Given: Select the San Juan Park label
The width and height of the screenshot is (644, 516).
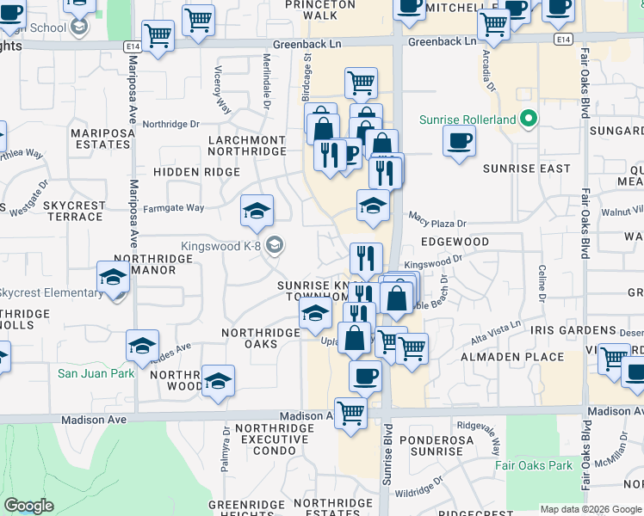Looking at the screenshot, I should pos(96,373).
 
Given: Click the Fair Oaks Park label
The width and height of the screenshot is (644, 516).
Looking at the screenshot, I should pos(534,465).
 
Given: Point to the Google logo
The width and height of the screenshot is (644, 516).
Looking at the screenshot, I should pos(28,506).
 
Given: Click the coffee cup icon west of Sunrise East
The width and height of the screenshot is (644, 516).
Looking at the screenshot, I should pos(459,140).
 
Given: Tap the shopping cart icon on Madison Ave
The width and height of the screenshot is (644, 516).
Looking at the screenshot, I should pos(350,414).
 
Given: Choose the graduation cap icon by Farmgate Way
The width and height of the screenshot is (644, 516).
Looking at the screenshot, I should pos(256,211).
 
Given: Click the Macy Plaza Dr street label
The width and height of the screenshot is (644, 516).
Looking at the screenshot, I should pos(437,223).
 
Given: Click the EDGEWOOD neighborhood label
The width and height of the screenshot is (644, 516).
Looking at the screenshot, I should pos(455,243).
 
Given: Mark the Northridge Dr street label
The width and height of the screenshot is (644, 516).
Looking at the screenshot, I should pos(170,124).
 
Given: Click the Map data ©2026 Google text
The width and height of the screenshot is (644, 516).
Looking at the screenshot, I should pos(587,509).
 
